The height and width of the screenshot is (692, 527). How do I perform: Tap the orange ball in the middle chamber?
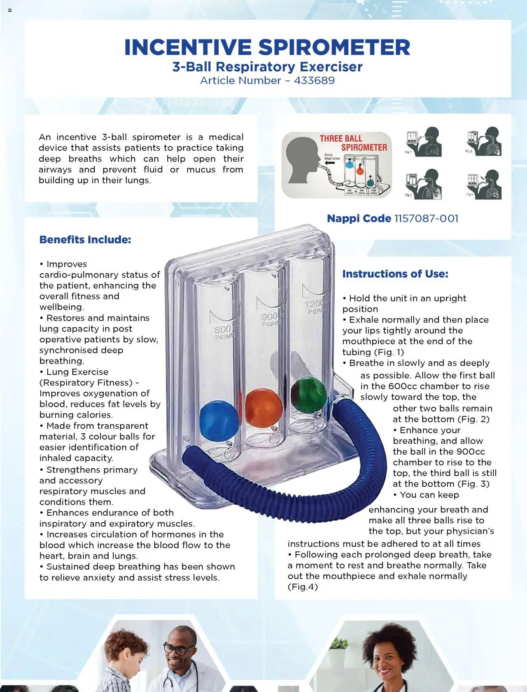click(263, 408)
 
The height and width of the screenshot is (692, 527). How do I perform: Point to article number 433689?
click(314, 80)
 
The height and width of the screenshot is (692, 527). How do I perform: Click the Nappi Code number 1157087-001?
click(426, 218)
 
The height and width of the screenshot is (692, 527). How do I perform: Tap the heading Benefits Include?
click(85, 240)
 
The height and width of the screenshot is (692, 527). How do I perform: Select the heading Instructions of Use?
click(395, 274)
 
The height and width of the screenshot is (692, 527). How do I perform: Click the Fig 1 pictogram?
click(424, 142)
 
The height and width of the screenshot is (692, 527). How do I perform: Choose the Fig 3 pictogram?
click(424, 184)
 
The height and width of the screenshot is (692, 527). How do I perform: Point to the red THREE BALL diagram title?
click(341, 138)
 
